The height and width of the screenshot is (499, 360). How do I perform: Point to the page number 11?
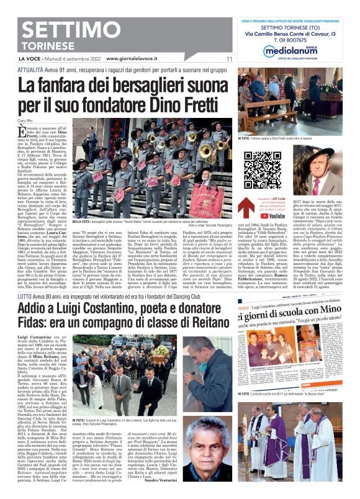(x=228, y=59)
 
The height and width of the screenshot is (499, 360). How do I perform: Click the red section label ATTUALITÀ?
(x=30, y=71)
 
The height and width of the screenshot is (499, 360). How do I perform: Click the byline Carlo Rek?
(x=25, y=120)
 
